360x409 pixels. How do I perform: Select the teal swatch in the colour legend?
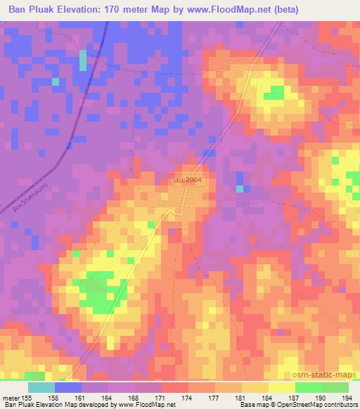tap(41, 387)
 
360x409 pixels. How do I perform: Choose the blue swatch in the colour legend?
tap(68, 387)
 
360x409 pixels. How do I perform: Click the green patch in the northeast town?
tap(274, 91)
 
